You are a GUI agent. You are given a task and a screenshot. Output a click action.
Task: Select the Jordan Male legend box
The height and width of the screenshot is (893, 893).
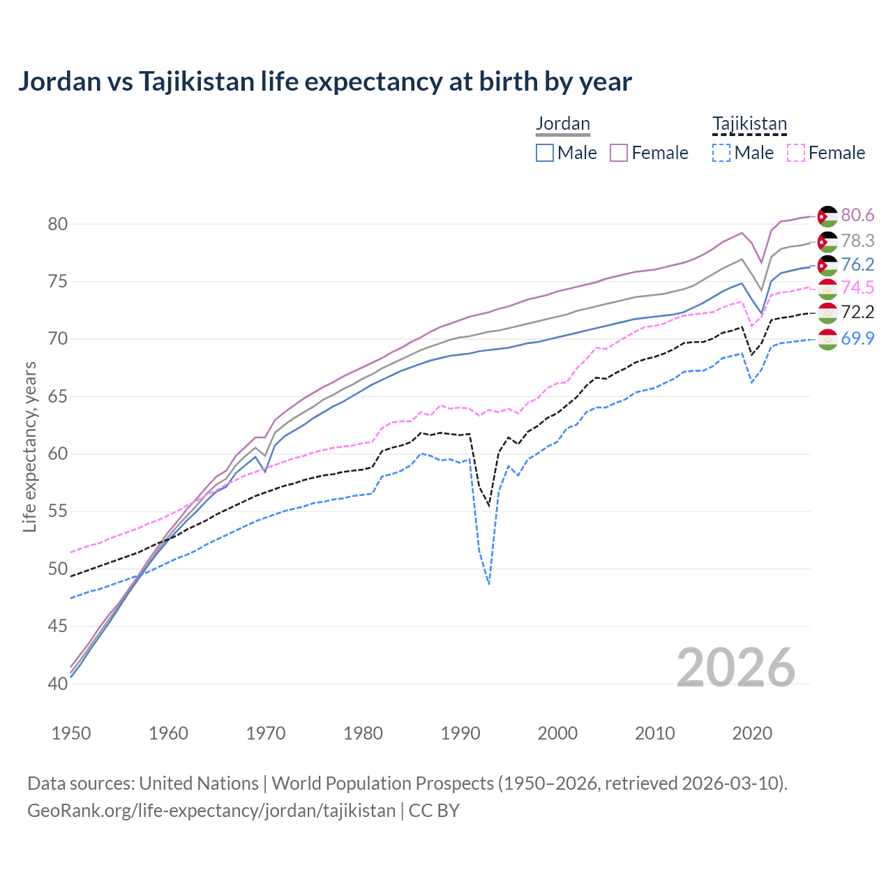click(545, 153)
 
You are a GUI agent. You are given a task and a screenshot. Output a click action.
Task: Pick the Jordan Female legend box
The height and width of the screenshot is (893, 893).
click(619, 153)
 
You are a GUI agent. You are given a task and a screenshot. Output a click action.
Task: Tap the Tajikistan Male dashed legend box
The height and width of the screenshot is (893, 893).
click(721, 153)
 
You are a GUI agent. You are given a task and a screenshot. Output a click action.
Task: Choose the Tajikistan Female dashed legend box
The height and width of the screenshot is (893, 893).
click(795, 153)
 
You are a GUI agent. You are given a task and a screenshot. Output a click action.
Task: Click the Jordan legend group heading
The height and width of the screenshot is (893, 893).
click(563, 123)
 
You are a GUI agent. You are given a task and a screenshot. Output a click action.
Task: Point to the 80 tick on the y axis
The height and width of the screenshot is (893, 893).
click(57, 224)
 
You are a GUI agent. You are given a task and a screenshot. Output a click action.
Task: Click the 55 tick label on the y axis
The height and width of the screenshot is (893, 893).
click(57, 511)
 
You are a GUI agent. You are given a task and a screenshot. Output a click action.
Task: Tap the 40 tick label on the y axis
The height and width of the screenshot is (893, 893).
click(57, 684)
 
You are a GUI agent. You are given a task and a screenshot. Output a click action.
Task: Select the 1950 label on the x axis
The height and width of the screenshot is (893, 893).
click(71, 733)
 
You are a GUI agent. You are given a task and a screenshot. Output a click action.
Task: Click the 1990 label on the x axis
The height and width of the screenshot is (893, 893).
click(460, 733)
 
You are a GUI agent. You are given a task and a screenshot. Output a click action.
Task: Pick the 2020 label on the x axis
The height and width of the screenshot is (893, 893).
click(752, 733)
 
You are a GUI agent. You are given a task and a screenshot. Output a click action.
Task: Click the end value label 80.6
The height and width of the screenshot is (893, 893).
click(857, 216)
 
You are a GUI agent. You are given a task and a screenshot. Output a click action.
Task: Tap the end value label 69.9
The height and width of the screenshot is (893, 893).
click(857, 339)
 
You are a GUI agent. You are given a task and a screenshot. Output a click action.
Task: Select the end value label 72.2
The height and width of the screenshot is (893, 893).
click(857, 312)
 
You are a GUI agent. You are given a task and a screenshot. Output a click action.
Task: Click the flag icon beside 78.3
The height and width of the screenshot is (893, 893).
click(827, 241)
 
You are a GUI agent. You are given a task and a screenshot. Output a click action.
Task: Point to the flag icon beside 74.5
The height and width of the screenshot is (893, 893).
click(827, 288)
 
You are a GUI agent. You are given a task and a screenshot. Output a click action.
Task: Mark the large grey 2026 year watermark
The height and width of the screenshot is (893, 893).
click(736, 668)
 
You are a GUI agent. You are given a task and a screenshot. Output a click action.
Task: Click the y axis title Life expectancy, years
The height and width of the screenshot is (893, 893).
click(30, 446)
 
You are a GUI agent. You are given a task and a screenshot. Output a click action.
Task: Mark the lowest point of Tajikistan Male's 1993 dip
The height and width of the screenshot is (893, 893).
click(489, 584)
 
